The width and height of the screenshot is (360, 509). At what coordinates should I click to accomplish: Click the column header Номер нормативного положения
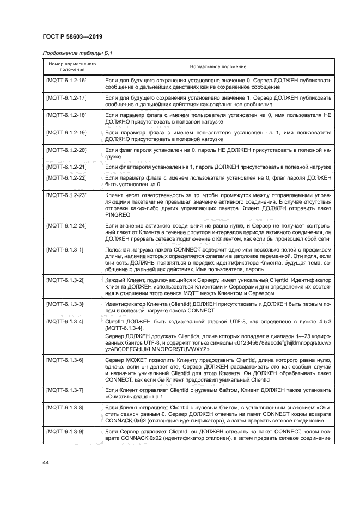point(69,66)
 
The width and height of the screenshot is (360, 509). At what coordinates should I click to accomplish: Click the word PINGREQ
point(119,214)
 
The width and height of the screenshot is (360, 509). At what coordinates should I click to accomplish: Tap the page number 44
point(46,462)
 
